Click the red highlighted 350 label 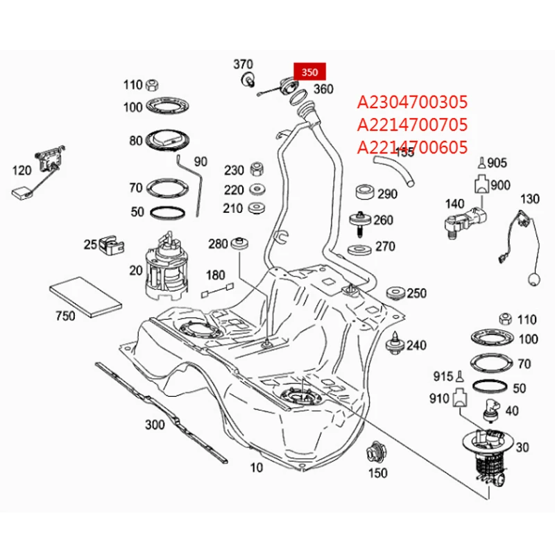point(309,71)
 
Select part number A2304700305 point(413,103)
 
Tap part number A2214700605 point(413,146)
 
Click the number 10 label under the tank point(257,468)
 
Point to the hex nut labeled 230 point(255,170)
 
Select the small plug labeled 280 point(241,244)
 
